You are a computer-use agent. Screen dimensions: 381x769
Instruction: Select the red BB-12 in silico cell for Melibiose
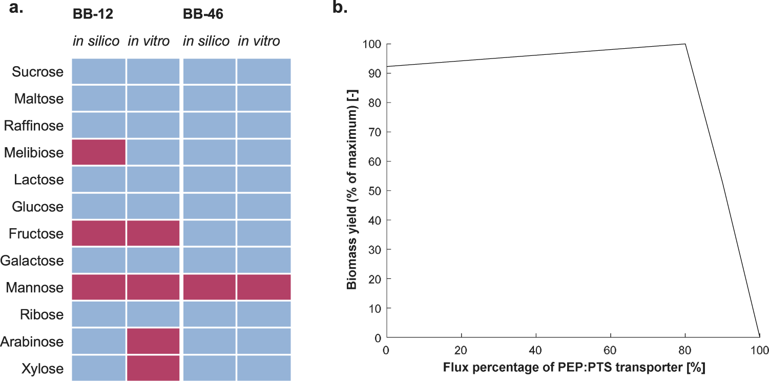pos(98,152)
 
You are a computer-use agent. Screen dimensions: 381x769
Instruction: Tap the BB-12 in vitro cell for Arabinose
pos(153,341)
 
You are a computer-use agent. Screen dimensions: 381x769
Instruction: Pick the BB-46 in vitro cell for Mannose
pos(264,287)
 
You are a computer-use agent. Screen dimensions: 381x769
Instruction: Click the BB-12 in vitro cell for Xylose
pos(153,368)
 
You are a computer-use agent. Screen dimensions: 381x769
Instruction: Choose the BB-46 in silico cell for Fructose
pos(209,233)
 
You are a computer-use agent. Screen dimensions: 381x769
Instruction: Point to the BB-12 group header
pos(92,14)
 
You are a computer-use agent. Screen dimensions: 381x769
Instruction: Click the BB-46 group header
pos(203,14)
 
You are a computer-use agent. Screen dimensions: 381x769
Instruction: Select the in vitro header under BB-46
pos(259,41)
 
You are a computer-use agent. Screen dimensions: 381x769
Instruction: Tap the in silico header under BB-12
pos(96,41)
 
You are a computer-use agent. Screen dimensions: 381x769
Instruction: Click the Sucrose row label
pos(38,72)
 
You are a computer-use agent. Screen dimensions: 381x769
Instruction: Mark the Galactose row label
pos(32,260)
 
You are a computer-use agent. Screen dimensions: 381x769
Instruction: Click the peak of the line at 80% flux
pos(685,44)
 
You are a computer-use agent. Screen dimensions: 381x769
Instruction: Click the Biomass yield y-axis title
pos(352,191)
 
